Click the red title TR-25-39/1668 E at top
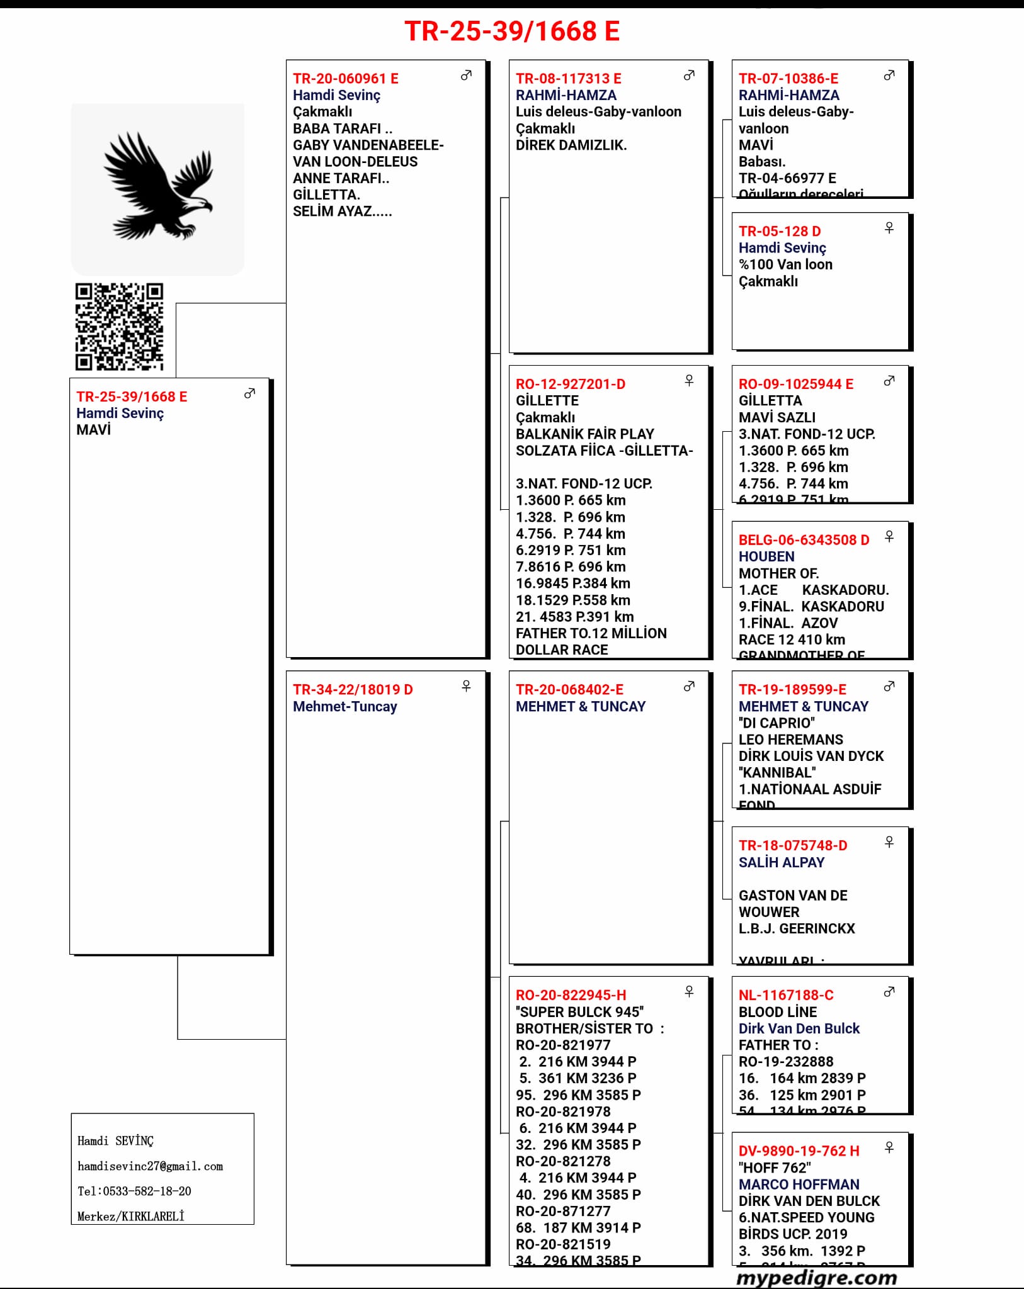point(511,31)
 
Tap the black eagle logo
point(157,186)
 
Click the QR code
point(119,326)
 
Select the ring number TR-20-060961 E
point(345,79)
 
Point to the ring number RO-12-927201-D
point(570,384)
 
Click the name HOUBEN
point(766,556)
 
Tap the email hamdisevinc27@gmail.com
point(150,1166)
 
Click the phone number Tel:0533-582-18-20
point(134,1191)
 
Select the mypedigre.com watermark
point(816,1278)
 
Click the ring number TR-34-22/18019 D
point(352,690)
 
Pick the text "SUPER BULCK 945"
point(579,1012)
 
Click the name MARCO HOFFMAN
point(799,1185)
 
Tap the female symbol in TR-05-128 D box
point(889,228)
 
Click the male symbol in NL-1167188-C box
point(889,992)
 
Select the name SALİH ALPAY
point(781,862)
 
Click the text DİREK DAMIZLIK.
point(571,145)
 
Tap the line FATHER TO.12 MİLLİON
point(591,633)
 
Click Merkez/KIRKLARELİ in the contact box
point(130,1216)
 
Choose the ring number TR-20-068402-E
point(569,690)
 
